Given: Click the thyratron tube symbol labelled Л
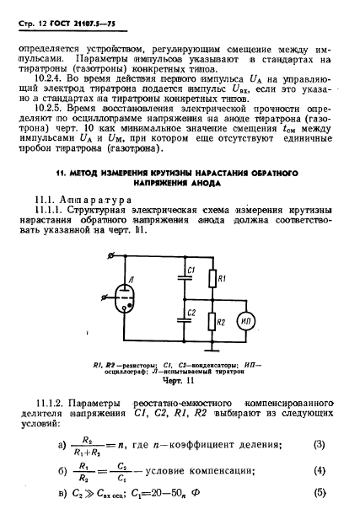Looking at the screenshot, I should point(126,300).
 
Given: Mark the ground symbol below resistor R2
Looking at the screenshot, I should point(212,349).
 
